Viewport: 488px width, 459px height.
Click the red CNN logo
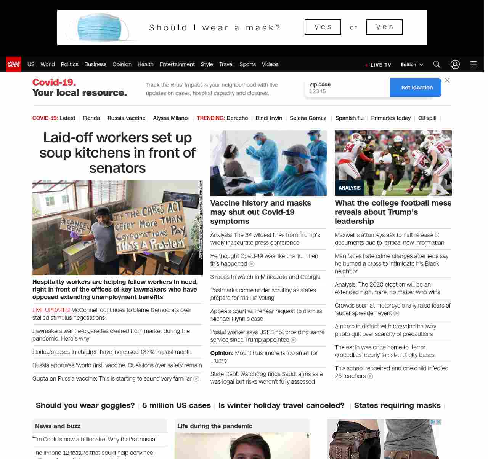coord(14,64)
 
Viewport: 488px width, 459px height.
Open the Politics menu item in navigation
coord(69,64)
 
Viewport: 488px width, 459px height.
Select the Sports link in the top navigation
coord(247,64)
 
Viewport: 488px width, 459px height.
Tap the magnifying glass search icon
coord(437,64)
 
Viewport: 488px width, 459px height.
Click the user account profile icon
coord(455,64)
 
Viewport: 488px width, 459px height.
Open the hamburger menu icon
coord(474,64)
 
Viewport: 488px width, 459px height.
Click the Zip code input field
coord(347,91)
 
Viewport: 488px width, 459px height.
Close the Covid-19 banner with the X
coord(447,80)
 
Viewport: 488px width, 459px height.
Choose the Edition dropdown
coord(412,65)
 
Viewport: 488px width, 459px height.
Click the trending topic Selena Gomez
coord(308,118)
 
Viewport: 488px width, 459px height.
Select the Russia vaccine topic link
coord(126,118)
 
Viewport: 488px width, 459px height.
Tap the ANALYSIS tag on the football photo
coord(350,188)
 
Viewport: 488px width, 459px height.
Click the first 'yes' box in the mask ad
coord(323,27)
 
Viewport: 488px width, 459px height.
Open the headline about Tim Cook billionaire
coord(94,440)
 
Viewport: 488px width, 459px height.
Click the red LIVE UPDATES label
coord(51,310)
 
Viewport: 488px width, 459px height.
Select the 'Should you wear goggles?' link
coord(85,405)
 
